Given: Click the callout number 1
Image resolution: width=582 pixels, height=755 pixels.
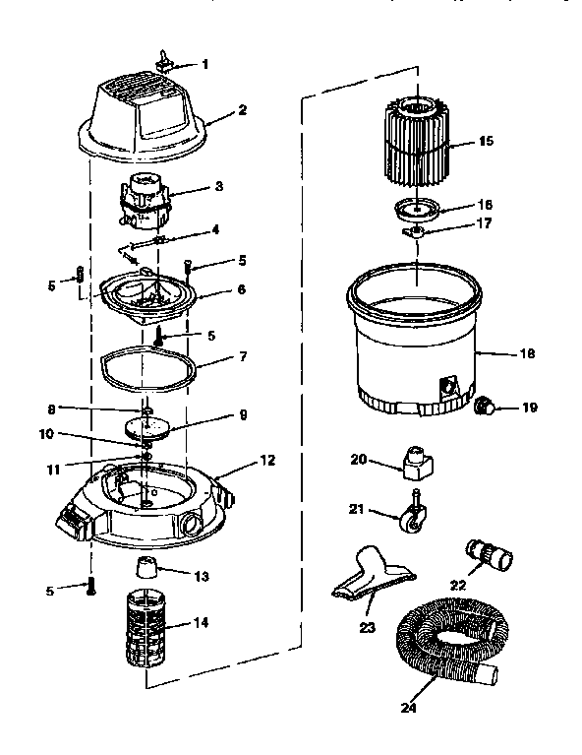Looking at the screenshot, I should [x=205, y=65].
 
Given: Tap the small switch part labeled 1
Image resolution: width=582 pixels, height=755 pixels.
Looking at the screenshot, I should [x=164, y=62].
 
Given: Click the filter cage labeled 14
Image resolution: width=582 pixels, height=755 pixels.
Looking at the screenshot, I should [x=145, y=626].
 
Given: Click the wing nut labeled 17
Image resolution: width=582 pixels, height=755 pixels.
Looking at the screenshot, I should [x=416, y=232].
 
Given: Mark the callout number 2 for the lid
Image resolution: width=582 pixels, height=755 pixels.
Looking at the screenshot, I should [x=241, y=111].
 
